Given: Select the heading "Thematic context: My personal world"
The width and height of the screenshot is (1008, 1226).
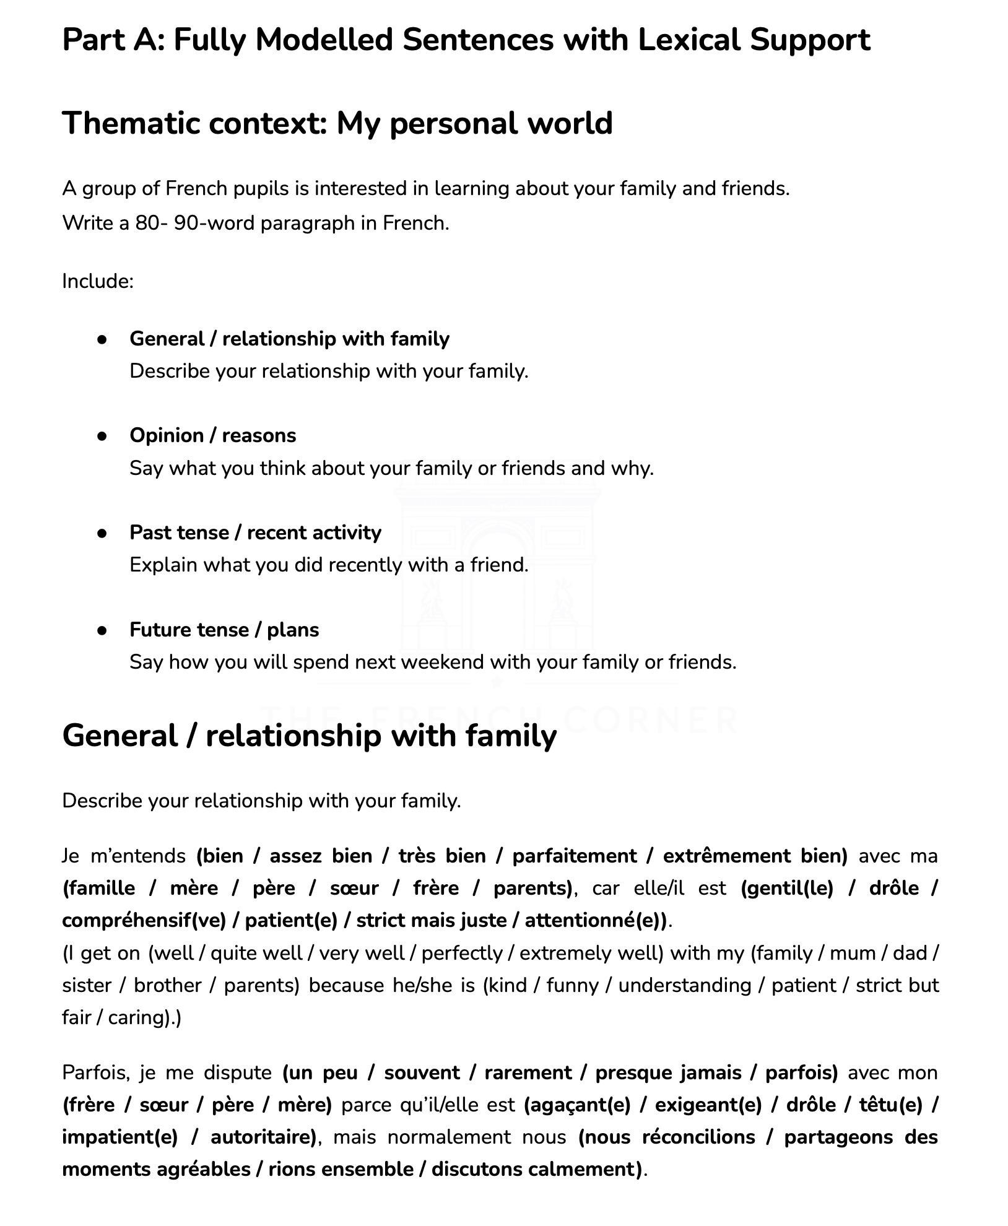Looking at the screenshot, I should pos(337,123).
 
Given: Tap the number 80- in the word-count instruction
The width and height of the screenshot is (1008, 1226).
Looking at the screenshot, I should pos(152,223).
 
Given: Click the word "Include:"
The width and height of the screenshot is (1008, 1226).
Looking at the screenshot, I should pos(98,281).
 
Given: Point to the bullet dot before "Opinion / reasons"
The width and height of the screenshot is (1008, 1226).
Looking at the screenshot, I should pos(103,436).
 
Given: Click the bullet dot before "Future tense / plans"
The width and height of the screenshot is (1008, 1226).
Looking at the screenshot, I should pos(103,630).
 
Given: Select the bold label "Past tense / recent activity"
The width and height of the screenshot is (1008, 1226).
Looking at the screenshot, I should pos(255,533).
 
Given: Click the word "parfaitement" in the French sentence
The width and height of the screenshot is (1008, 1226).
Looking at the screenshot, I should pos(575,856).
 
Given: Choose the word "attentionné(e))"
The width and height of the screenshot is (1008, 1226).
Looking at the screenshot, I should pos(596,921).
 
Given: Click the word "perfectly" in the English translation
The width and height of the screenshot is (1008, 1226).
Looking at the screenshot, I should pos(461,953).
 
